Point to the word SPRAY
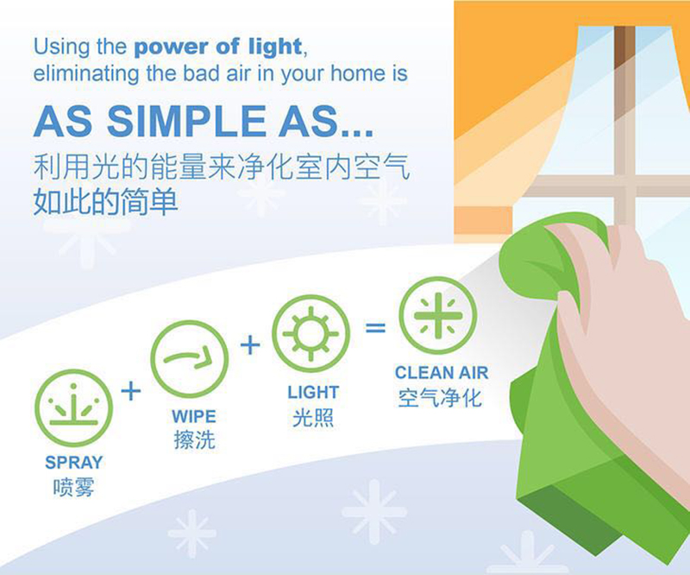point(74,463)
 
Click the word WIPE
point(194,416)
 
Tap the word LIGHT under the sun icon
point(313,392)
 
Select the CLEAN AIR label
point(442,373)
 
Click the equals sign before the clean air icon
point(375,327)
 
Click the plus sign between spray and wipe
point(131,391)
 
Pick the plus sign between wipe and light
point(250,344)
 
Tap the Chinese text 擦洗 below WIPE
point(195,439)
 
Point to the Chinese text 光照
point(313,417)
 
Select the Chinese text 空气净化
point(440,398)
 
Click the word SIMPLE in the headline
point(186,121)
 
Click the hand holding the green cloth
point(624,352)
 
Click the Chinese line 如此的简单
point(105,202)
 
